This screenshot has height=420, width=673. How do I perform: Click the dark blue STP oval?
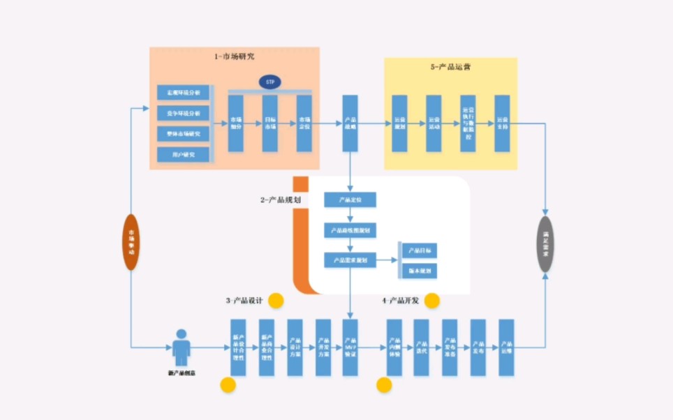tap(269, 82)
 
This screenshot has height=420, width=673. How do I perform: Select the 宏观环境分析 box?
tap(183, 92)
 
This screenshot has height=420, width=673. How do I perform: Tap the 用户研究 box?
tap(183, 153)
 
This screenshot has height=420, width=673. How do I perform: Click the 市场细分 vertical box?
tap(237, 123)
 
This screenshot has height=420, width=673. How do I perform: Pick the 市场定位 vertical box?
tap(304, 123)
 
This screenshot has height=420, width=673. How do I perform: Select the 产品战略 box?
tap(350, 123)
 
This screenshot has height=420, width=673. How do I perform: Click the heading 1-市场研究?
tap(235, 57)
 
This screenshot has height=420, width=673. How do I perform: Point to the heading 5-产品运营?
tap(450, 67)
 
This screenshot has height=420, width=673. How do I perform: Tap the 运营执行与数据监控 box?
tap(468, 123)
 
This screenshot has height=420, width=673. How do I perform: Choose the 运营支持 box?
tap(503, 123)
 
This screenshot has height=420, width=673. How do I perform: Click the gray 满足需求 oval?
tap(545, 243)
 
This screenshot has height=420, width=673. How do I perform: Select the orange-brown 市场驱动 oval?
tap(131, 241)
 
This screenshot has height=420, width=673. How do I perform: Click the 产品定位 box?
tap(350, 200)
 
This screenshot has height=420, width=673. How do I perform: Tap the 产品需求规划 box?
tap(350, 260)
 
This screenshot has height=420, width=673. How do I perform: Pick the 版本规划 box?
tap(420, 270)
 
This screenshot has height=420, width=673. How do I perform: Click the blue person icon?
tap(182, 347)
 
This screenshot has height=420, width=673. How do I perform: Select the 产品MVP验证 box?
tap(350, 347)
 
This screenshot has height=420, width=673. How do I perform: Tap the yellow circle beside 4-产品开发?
tap(431, 301)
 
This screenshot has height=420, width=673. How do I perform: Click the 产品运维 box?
tap(506, 347)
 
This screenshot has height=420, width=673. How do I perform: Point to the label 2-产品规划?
tap(281, 200)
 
